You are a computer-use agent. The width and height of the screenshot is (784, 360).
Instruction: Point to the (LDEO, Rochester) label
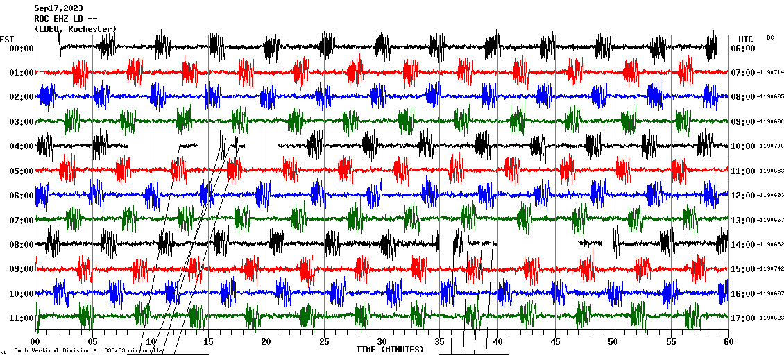click(75, 28)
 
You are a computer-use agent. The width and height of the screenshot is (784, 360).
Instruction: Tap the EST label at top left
click(7, 39)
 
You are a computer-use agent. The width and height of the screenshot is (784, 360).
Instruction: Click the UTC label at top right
click(746, 39)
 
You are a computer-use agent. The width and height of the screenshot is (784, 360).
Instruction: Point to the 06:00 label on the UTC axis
click(743, 49)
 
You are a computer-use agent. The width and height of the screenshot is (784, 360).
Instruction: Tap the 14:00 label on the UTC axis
click(743, 245)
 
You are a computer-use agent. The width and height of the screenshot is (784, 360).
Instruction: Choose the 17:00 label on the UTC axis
click(743, 318)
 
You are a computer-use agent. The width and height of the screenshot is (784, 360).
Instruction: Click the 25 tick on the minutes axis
click(324, 342)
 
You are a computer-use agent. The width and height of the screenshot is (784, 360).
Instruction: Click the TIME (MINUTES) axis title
click(390, 350)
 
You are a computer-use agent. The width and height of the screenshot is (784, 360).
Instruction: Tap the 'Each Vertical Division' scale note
click(88, 350)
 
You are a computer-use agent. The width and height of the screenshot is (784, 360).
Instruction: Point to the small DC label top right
click(770, 37)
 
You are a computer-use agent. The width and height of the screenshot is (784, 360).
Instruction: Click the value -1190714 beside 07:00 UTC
click(771, 73)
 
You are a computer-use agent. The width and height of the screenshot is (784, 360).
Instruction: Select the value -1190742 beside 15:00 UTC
click(771, 269)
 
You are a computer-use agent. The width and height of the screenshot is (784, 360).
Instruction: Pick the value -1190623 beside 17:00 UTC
click(771, 318)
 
